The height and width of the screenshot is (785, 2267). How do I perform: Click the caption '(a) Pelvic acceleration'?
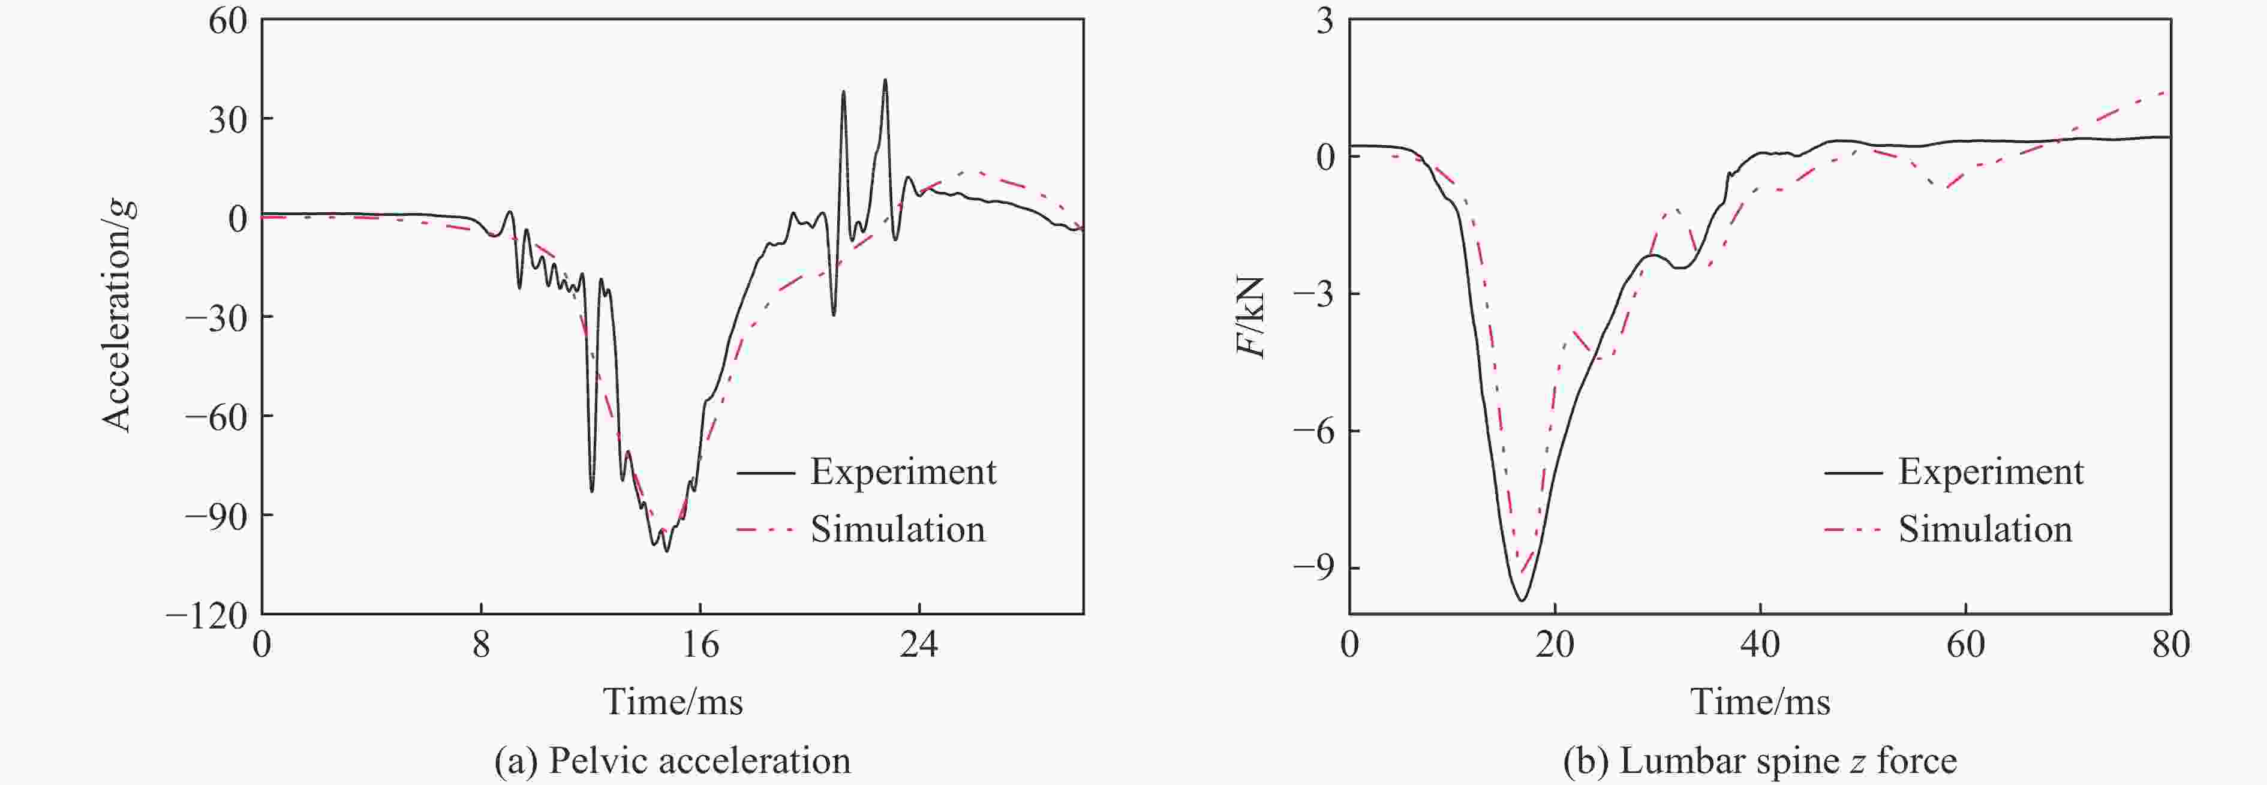(672, 760)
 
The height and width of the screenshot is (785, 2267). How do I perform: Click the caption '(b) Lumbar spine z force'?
(1760, 760)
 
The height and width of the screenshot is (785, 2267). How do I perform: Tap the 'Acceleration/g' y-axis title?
(118, 315)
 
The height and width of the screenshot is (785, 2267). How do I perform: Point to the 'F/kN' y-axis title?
(1250, 317)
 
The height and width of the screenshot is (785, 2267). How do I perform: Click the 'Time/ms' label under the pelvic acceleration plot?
(672, 702)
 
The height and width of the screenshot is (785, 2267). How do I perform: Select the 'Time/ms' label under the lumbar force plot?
(1760, 702)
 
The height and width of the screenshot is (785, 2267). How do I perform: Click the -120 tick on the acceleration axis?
(207, 615)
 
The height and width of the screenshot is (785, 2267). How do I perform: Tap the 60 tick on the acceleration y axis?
(227, 20)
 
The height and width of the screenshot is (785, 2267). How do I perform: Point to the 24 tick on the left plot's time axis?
(919, 645)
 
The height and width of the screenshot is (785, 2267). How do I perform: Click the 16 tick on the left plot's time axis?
(700, 645)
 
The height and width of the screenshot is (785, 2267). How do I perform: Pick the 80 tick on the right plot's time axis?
(2170, 645)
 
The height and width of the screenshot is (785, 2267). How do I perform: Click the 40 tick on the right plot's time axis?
(1760, 645)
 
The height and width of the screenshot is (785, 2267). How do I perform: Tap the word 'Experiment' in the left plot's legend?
(903, 473)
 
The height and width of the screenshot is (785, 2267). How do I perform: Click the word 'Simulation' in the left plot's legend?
(898, 529)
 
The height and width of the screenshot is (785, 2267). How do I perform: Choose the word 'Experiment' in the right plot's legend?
(1991, 473)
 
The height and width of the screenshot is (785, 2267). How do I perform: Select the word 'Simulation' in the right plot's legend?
(1985, 529)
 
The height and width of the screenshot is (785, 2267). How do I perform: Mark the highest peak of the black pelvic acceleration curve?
(885, 80)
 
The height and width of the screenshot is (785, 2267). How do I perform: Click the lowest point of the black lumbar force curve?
(1522, 600)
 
